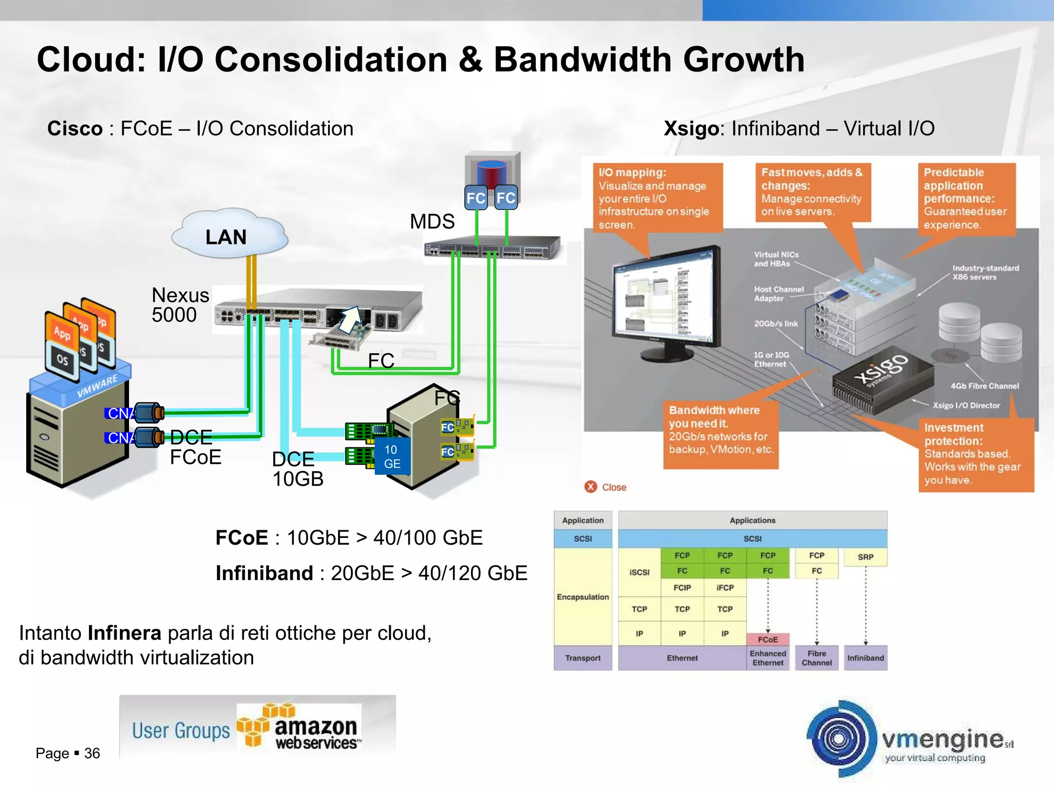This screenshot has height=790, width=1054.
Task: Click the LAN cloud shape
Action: click(229, 235)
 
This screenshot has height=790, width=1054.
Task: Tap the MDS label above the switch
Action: click(432, 222)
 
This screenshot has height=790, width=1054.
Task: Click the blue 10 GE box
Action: click(392, 456)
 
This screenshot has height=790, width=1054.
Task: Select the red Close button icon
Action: click(590, 487)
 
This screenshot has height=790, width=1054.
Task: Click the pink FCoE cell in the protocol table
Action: click(767, 639)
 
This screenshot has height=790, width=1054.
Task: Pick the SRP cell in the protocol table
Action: click(865, 557)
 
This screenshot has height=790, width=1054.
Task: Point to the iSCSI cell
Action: click(639, 572)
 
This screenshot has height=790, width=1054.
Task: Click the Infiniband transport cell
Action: click(865, 658)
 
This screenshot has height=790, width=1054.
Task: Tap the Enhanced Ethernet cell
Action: click(767, 658)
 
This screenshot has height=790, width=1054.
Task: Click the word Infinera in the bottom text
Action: click(124, 633)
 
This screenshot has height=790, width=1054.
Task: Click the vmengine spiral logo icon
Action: click(840, 739)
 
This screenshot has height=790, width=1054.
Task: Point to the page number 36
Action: click(92, 753)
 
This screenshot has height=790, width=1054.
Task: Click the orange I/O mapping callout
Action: click(658, 197)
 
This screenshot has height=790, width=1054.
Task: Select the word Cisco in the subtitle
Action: click(75, 129)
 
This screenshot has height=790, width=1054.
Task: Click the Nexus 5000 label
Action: click(180, 305)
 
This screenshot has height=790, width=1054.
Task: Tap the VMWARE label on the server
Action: click(97, 387)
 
